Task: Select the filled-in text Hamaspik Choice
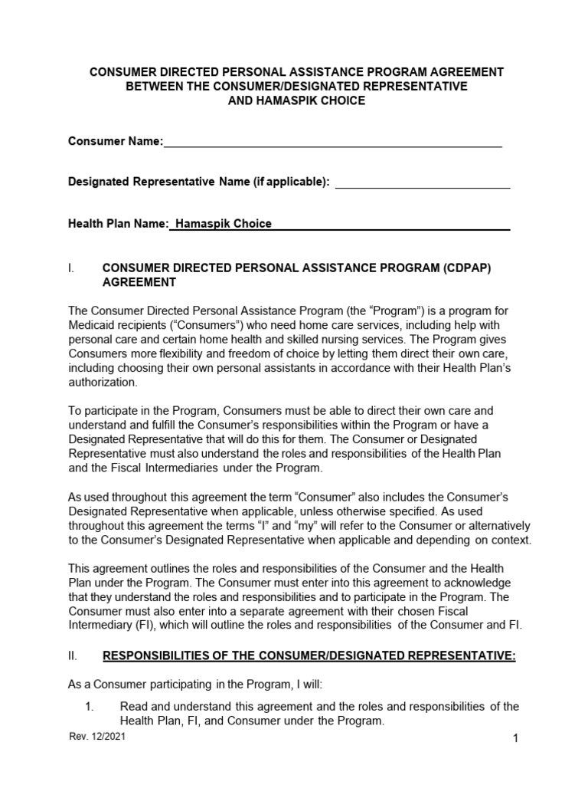click(x=223, y=224)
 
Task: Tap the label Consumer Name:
click(x=116, y=141)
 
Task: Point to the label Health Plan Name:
click(x=118, y=224)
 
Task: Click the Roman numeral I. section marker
click(x=71, y=268)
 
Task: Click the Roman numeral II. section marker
click(x=73, y=655)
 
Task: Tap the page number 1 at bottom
click(x=516, y=738)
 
